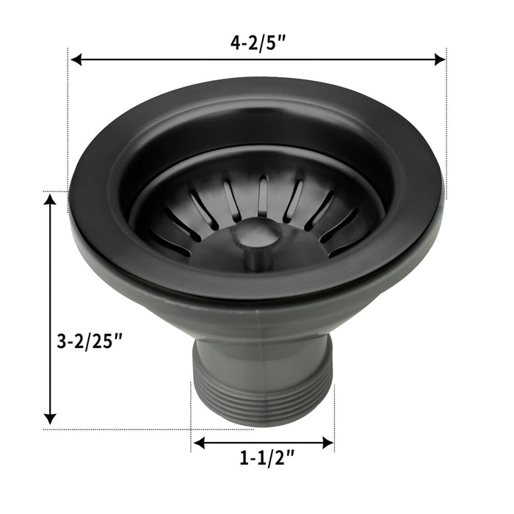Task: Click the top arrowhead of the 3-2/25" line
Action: click(x=50, y=199)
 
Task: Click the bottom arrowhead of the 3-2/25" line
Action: click(x=50, y=419)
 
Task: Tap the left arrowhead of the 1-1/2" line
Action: click(x=198, y=443)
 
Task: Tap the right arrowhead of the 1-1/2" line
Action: click(x=329, y=443)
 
